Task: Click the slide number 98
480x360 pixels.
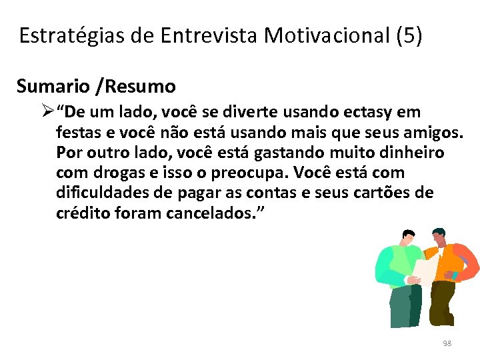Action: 447,343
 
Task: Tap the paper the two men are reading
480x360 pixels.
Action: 425,270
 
